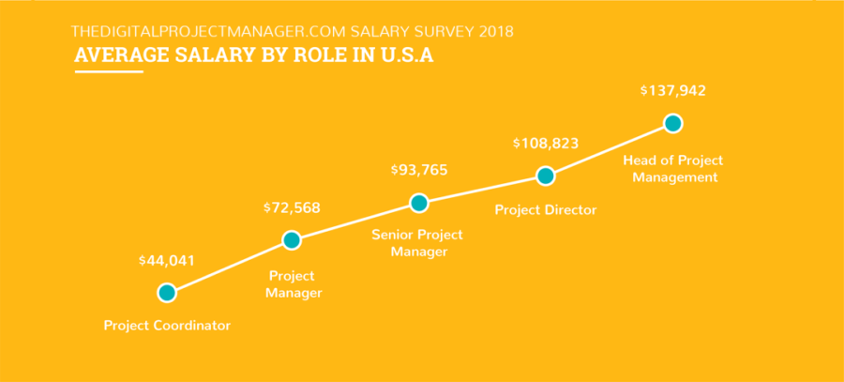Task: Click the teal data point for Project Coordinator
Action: [167, 293]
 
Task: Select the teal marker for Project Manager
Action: [292, 240]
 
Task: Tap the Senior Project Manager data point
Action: [419, 203]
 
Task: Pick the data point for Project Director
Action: [544, 176]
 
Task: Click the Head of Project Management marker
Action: [671, 123]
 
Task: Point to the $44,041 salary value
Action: [167, 261]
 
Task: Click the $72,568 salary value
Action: [293, 206]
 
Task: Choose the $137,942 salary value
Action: [672, 91]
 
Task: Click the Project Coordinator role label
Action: [167, 326]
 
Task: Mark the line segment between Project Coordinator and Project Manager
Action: [230, 267]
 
